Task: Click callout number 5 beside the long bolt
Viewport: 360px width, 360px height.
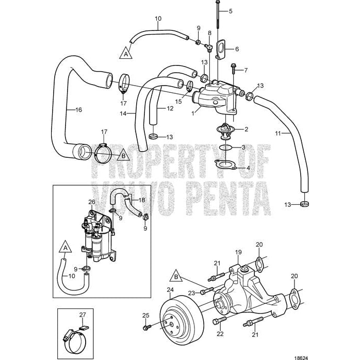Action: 230,11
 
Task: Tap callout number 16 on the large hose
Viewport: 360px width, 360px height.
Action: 78,109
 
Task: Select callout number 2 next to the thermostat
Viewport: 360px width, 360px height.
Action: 246,129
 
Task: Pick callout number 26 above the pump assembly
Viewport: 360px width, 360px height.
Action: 92,202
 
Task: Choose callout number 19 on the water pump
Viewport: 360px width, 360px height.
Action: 238,252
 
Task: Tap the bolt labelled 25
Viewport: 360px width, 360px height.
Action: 148,327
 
